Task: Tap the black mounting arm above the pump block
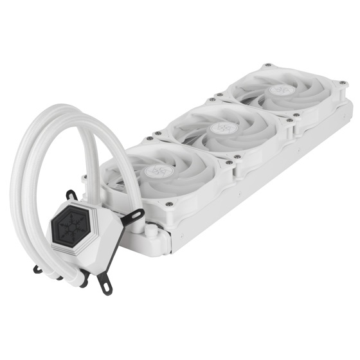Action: click(x=71, y=194)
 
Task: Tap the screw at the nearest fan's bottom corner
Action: click(x=169, y=205)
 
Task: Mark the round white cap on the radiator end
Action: click(x=150, y=230)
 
